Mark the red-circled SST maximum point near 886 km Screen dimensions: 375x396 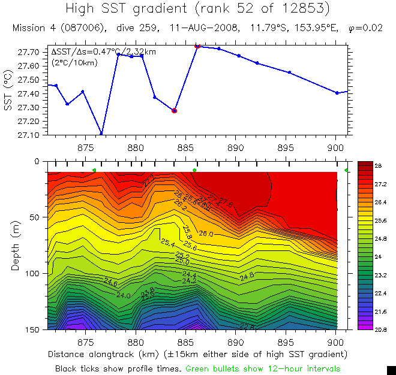[197, 46]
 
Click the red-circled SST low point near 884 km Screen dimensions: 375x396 [174, 111]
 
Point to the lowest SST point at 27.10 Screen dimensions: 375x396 [101, 134]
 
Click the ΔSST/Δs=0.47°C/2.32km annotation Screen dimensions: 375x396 [104, 52]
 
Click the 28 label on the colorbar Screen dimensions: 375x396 [379, 165]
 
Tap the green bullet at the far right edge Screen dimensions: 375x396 [347, 171]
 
